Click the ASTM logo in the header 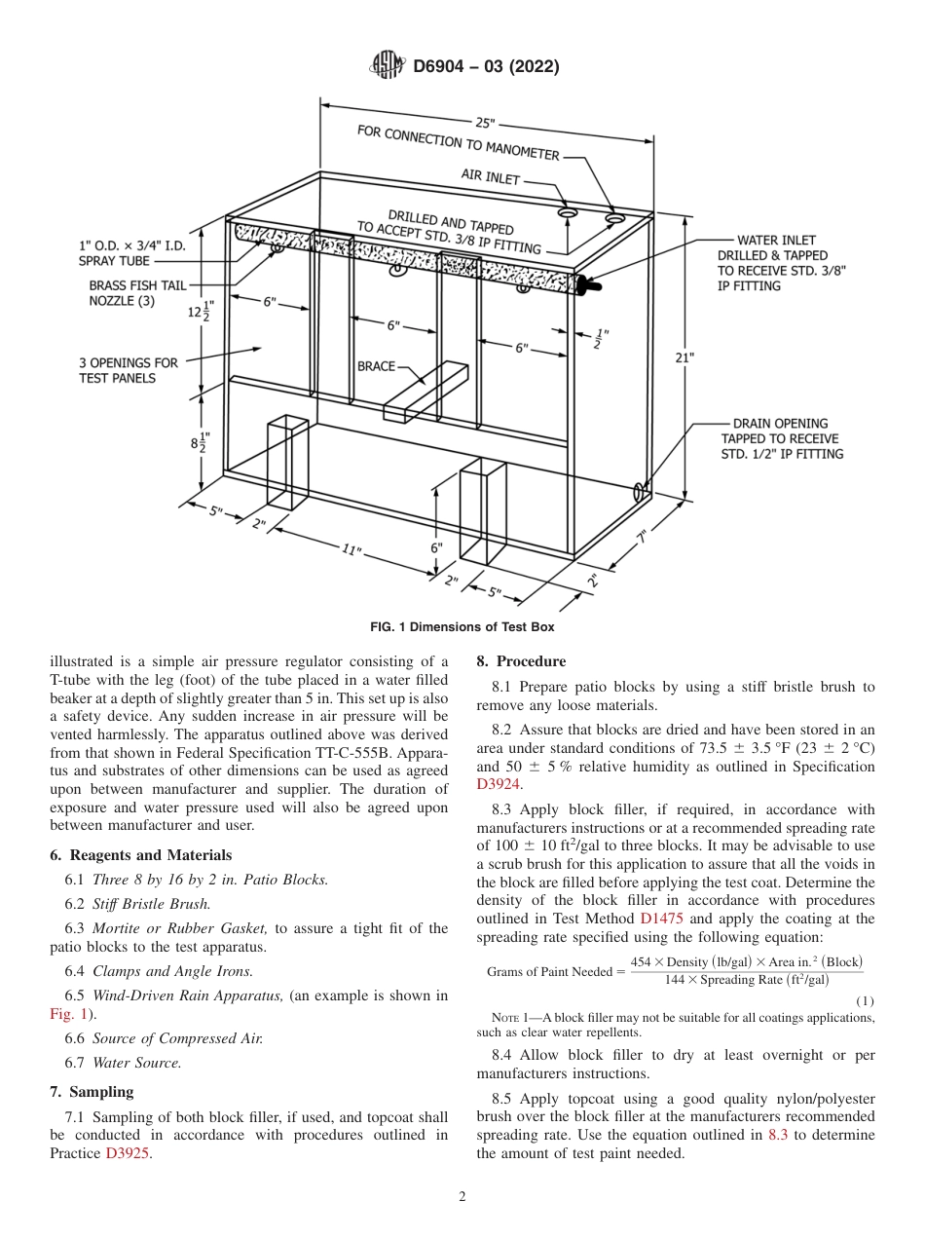point(387,66)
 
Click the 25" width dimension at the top point(485,123)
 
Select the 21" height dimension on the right point(684,357)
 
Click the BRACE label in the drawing point(376,366)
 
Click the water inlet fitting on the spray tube point(587,284)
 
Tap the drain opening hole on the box point(641,489)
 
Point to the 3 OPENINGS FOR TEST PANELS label point(128,370)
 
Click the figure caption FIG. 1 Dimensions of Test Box point(462,627)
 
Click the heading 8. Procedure point(520,661)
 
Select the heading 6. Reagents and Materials point(140,855)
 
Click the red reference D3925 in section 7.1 point(128,1153)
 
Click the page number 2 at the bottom point(462,1197)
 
